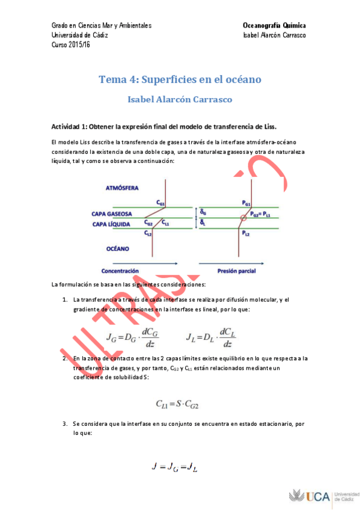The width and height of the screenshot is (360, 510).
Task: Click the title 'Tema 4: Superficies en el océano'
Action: [179, 79]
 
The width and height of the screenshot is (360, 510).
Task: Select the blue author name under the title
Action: [179, 99]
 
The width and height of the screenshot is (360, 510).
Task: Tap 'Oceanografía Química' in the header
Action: [274, 25]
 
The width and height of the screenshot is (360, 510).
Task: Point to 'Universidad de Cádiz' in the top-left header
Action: [81, 35]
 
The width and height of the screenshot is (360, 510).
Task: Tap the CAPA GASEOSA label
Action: [115, 213]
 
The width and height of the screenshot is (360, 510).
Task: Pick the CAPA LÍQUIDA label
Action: [114, 224]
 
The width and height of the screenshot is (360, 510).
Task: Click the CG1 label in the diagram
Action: [160, 203]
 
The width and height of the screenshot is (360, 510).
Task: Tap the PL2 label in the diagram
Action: [247, 232]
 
